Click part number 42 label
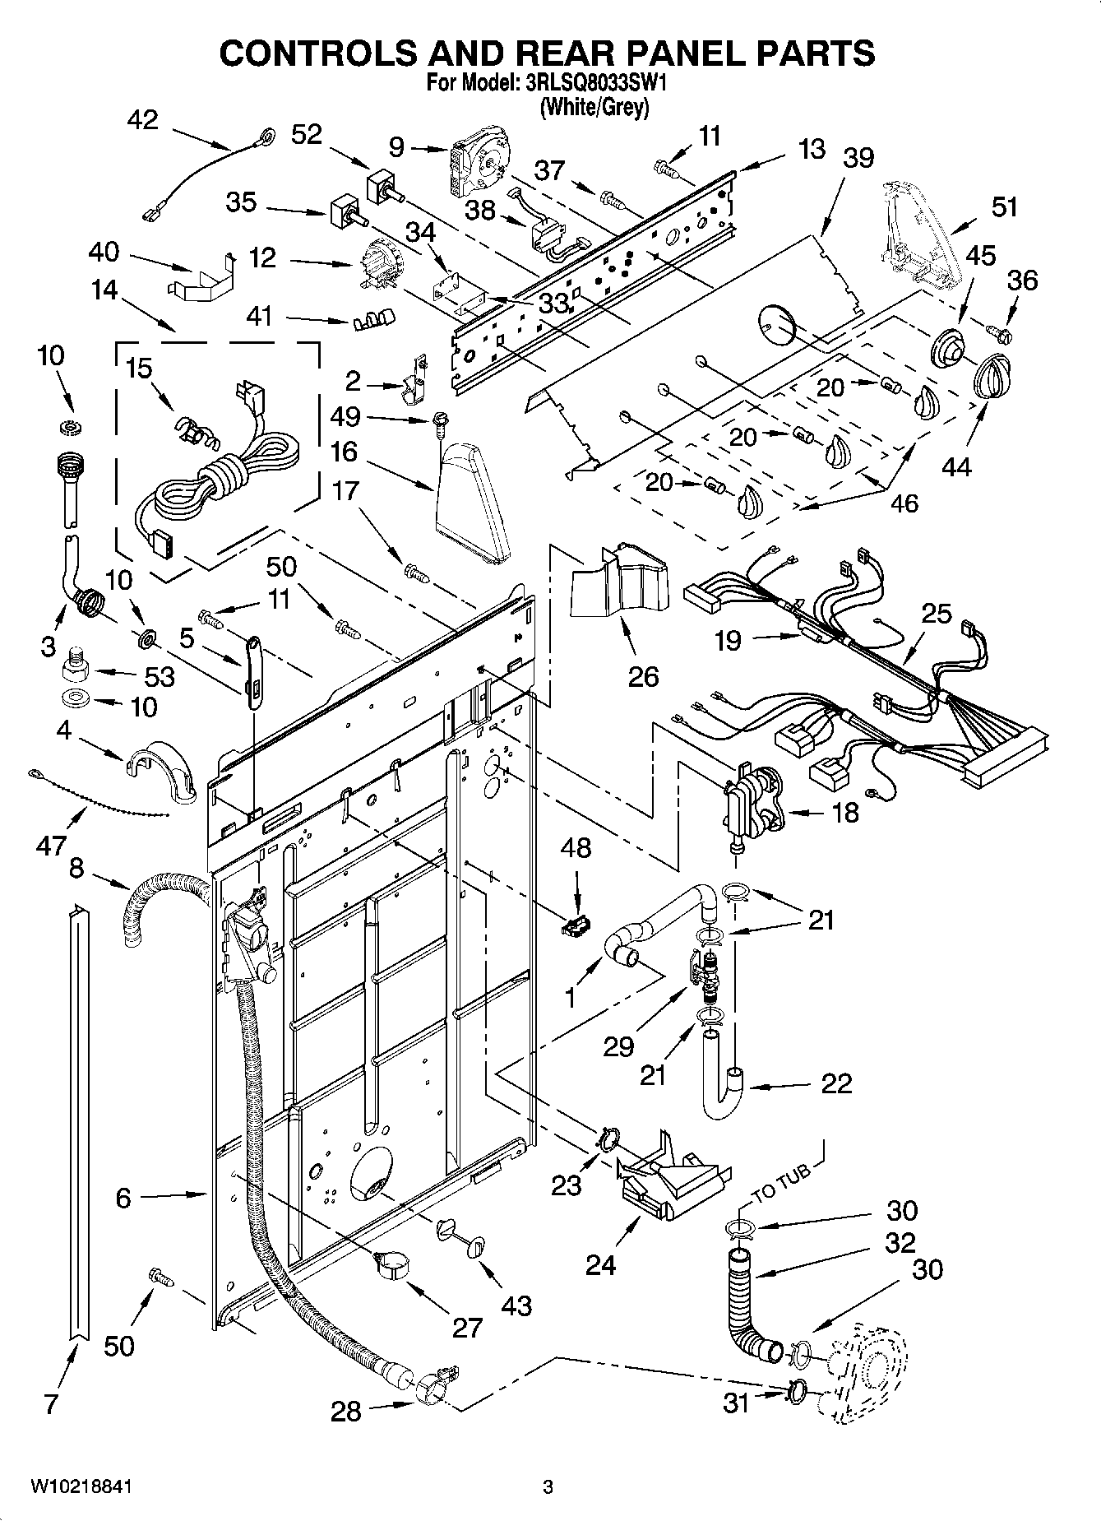142,120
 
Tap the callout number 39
858,157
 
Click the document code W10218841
81,1486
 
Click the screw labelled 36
1003,334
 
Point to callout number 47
50,845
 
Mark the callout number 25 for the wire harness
937,613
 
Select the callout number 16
345,451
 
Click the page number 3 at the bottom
548,1486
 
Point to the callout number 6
123,1198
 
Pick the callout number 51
1005,206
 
